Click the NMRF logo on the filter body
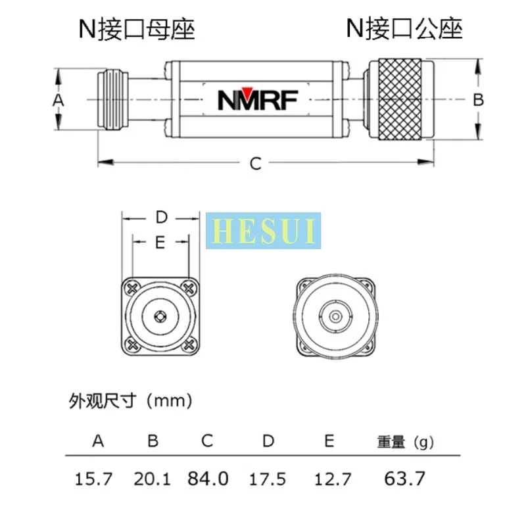(x=258, y=100)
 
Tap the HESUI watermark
(x=264, y=231)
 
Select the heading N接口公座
(x=405, y=29)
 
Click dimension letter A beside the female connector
(x=58, y=100)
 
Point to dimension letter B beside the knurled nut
(x=479, y=100)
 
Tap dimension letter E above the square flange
(x=160, y=242)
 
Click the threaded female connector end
(x=114, y=100)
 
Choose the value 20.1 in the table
(x=153, y=479)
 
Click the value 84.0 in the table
(x=208, y=479)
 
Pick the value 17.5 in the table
(x=268, y=479)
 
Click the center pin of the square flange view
(x=160, y=316)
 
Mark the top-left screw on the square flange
(x=132, y=287)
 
